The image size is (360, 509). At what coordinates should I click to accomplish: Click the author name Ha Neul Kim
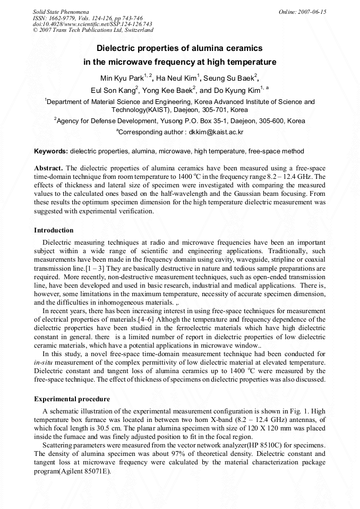[x=175, y=79]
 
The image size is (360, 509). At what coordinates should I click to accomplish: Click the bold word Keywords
[x=51, y=152]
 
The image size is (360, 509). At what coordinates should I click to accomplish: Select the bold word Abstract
[x=48, y=168]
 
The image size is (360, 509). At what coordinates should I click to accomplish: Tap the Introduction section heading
[x=54, y=230]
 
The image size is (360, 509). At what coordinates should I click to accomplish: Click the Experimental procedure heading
[x=72, y=399]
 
